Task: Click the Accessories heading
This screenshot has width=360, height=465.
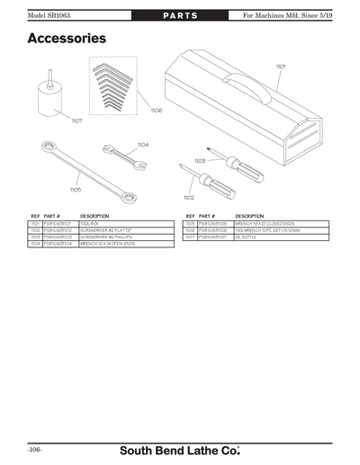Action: (67, 39)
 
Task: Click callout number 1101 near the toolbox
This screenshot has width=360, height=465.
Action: (281, 67)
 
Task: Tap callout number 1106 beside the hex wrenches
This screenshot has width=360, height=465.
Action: (157, 110)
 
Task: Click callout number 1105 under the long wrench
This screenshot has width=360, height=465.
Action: (75, 190)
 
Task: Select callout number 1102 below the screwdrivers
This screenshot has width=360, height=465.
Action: (188, 197)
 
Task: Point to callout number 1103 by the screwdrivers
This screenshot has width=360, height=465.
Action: (200, 161)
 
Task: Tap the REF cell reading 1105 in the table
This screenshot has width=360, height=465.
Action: (190, 223)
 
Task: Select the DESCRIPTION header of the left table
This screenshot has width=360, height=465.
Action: (94, 216)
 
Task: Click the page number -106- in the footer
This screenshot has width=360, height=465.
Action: (35, 447)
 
